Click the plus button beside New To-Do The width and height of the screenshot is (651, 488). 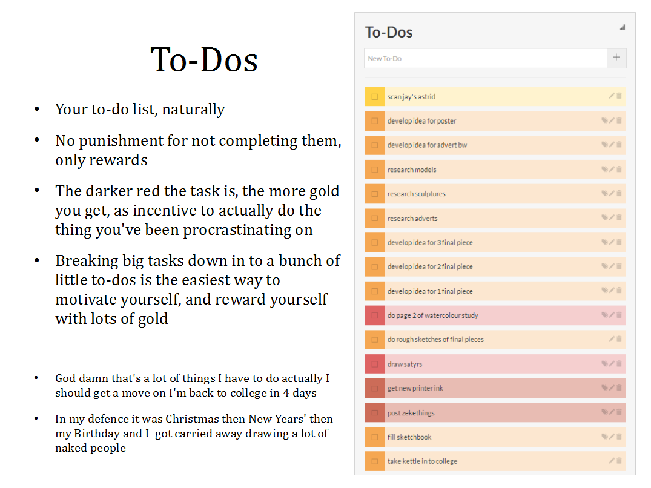616,58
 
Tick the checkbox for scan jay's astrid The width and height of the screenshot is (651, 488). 375,97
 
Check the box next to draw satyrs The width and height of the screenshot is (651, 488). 375,364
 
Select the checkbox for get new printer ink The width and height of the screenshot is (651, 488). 375,388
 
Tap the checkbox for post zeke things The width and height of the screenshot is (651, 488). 375,413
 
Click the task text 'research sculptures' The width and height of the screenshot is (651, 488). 416,194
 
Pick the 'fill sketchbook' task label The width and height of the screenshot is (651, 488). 409,437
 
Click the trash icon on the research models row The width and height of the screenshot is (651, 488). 619,169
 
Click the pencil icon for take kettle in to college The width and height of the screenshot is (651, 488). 612,461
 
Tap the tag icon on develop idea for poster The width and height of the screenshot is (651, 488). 604,120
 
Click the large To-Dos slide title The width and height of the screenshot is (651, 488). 204,60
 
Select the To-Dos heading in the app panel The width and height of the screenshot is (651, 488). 389,33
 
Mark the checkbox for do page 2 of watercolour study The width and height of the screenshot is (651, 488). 375,315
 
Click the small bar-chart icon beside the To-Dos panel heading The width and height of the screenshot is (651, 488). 622,28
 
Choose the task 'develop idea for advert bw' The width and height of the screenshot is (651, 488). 427,145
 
